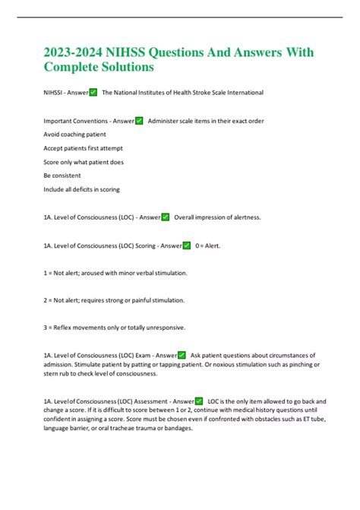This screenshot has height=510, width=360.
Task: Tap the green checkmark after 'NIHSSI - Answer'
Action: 93,93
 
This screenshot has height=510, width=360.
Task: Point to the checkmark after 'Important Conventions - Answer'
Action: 139,121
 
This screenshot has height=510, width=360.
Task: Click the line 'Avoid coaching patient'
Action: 75,135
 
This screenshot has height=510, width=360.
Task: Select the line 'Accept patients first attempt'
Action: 84,148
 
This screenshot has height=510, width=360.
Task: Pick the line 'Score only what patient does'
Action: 84,162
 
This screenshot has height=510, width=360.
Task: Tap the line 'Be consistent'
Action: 62,176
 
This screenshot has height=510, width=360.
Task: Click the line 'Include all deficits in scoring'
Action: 82,189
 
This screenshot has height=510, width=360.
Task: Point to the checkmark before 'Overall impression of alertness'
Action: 165,217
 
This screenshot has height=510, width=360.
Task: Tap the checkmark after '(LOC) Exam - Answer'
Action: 182,355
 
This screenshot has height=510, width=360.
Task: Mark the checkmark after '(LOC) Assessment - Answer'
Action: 198,401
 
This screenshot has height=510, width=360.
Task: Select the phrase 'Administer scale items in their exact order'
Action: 210,121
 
